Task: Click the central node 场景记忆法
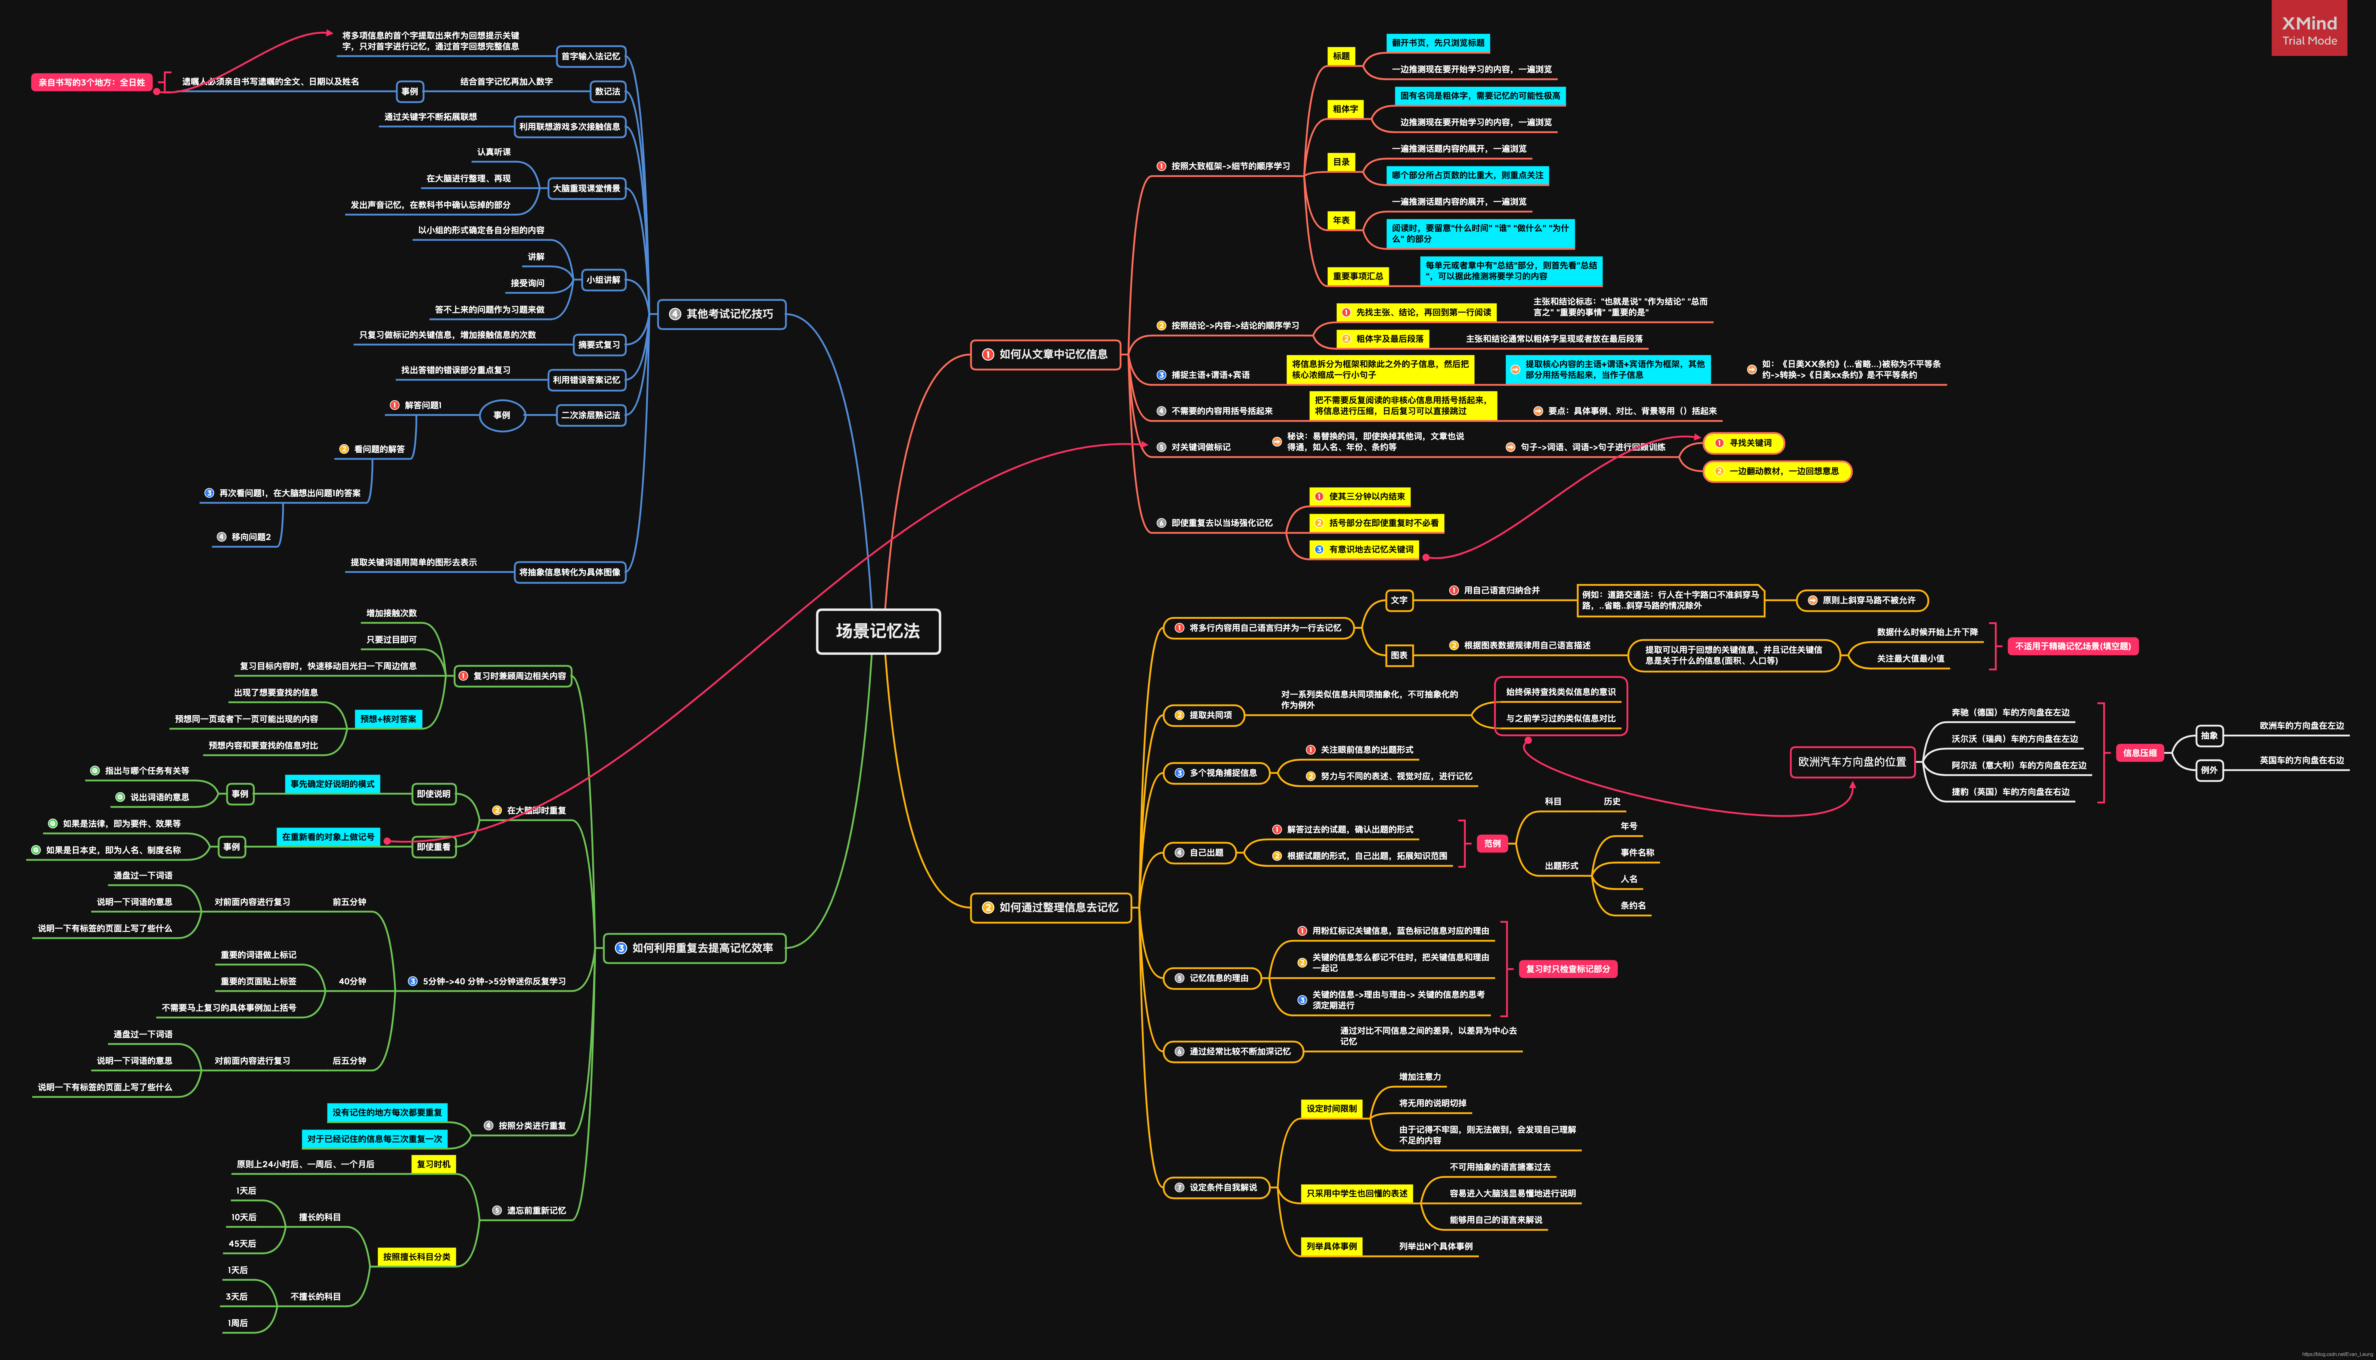877,631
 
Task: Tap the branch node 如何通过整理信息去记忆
1051,907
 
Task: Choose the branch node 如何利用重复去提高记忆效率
694,948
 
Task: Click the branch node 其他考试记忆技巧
721,314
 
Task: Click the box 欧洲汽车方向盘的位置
1852,761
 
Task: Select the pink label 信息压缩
2139,753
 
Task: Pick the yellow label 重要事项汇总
1358,276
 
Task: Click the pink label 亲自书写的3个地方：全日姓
91,82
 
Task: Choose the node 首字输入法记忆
590,56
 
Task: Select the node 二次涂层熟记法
590,415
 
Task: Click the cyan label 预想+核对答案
388,719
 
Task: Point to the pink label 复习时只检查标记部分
1568,970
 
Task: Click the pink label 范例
1492,843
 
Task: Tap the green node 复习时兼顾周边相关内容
514,676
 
